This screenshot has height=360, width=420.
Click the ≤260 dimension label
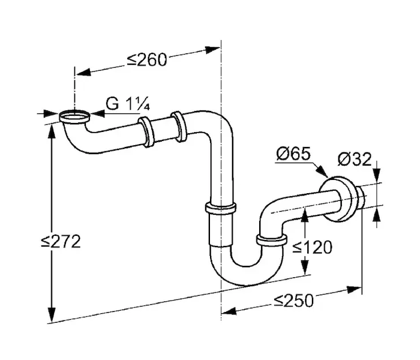pyautogui.click(x=147, y=60)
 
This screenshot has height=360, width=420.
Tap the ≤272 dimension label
pyautogui.click(x=61, y=241)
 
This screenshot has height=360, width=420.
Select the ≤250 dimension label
pyautogui.click(x=293, y=300)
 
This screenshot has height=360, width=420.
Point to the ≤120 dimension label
pyautogui.click(x=313, y=247)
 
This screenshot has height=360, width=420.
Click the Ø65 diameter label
pyautogui.click(x=293, y=154)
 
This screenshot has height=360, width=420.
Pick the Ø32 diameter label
pyautogui.click(x=355, y=159)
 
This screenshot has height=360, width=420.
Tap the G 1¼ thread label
pyautogui.click(x=127, y=104)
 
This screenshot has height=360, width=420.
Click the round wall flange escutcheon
pyautogui.click(x=338, y=199)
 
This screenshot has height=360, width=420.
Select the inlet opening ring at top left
pyautogui.click(x=75, y=116)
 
